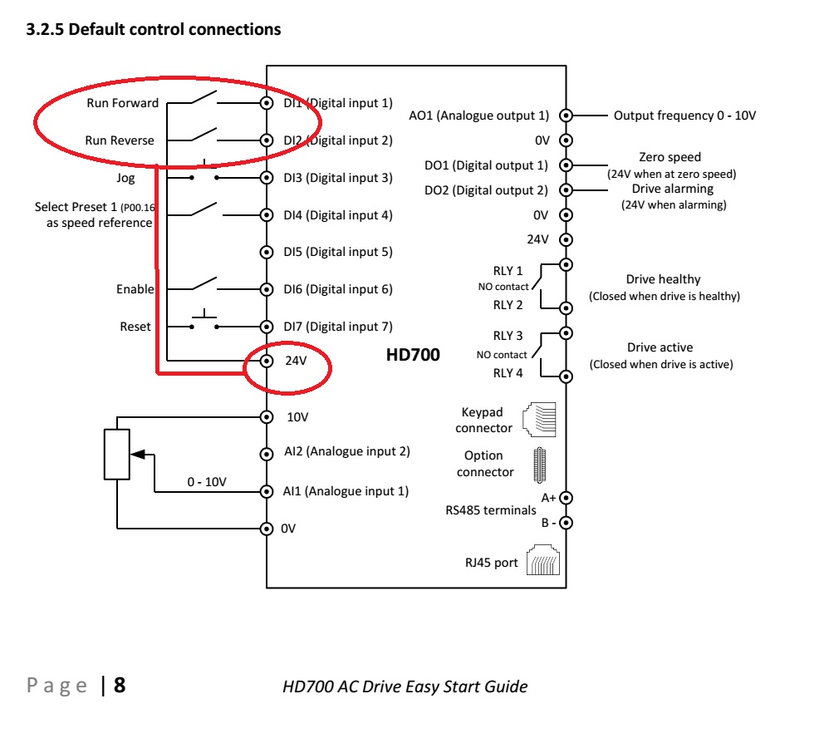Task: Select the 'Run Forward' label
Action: click(x=122, y=103)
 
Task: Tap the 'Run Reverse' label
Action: click(x=120, y=140)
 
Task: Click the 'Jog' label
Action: click(x=125, y=178)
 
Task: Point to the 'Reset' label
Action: click(x=135, y=327)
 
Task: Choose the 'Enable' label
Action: click(x=135, y=289)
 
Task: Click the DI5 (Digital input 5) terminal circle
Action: click(x=267, y=252)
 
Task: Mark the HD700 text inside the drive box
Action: click(x=413, y=355)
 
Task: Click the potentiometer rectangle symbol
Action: click(x=117, y=454)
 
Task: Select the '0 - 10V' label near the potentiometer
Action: click(x=207, y=481)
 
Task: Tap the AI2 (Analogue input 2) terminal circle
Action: click(x=267, y=454)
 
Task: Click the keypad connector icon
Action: click(x=539, y=420)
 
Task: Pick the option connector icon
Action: click(x=539, y=464)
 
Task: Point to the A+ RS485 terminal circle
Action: click(x=566, y=498)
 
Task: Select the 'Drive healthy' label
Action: click(x=663, y=279)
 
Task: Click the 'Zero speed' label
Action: click(x=670, y=157)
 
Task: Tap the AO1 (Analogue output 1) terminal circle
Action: click(x=566, y=116)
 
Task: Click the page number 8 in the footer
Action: click(x=120, y=686)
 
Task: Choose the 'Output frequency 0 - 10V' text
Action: click(x=684, y=116)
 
